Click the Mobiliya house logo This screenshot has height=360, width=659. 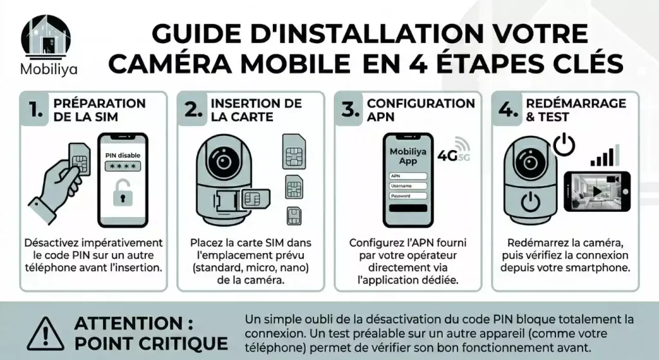[x=46, y=36]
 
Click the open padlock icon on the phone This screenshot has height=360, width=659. [x=122, y=194]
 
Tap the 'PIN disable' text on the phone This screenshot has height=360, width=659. [x=122, y=155]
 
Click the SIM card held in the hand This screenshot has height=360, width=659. [x=79, y=160]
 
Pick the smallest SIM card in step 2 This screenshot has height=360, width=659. [x=294, y=215]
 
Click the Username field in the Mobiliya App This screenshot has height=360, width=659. [x=408, y=185]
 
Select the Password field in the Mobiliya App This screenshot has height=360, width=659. [x=408, y=196]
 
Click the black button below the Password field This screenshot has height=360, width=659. [x=408, y=209]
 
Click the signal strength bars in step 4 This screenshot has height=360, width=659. [x=605, y=156]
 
